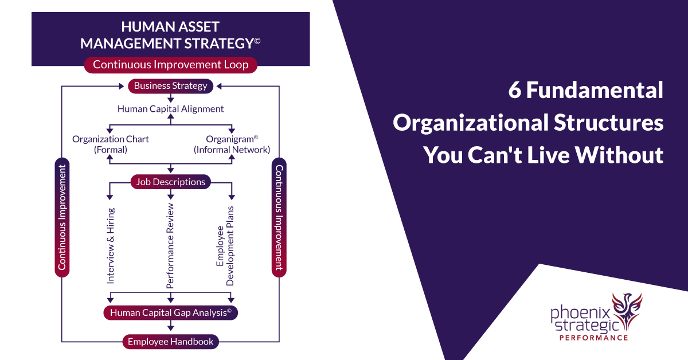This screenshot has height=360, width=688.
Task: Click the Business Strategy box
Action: [x=170, y=86]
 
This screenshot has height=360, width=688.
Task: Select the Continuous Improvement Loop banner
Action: [x=170, y=65]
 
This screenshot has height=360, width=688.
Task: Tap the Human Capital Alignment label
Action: [x=170, y=108]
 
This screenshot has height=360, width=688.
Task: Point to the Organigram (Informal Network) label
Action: [x=232, y=144]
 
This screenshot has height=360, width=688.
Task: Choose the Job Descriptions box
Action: [x=170, y=182]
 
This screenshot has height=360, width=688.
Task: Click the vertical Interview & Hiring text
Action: [x=111, y=245]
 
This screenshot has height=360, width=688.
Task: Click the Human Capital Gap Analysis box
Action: [x=170, y=312]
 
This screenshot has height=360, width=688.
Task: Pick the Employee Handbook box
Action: [x=170, y=342]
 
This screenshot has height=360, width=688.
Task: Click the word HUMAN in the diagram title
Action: [x=142, y=27]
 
